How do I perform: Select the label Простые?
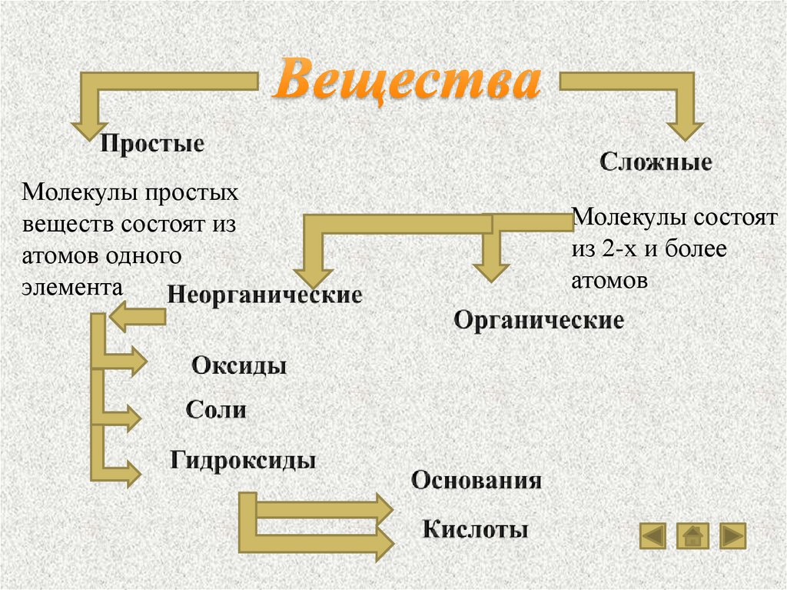[x=153, y=144]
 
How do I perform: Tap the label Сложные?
[x=656, y=162]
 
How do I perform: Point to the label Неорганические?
[x=264, y=295]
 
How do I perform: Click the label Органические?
[x=539, y=320]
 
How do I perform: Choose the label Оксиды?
[x=239, y=365]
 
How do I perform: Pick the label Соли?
[x=216, y=409]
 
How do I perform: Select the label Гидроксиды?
[x=243, y=461]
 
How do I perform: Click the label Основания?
[x=477, y=481]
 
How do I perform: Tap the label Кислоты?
[x=475, y=529]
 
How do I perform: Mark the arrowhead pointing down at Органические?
[x=492, y=269]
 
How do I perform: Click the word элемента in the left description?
[x=72, y=288]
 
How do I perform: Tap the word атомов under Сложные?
[x=609, y=281]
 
